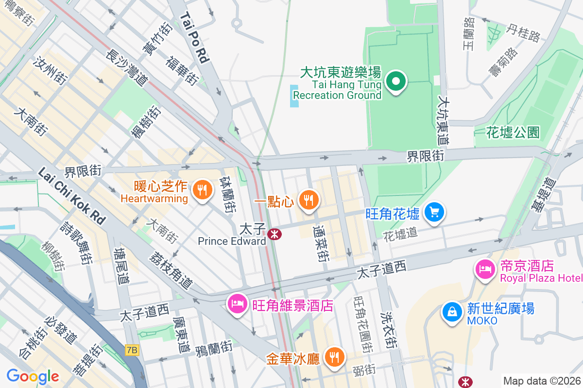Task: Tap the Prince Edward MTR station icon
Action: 274,234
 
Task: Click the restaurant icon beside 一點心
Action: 308,199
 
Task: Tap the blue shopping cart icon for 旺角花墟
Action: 434,212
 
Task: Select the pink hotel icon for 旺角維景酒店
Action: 237,304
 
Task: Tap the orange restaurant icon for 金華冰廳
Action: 334,357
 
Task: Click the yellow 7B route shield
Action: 132,350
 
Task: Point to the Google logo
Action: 33,376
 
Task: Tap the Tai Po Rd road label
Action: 194,38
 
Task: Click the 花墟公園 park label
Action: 513,132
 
